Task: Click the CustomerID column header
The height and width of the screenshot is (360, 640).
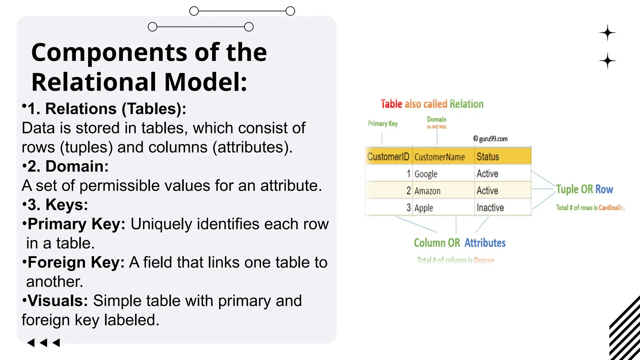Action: click(x=388, y=156)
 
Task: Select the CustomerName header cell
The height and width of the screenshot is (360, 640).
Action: click(x=439, y=157)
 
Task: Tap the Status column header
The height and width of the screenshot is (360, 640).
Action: click(x=487, y=157)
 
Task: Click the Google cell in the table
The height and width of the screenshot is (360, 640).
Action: click(x=426, y=174)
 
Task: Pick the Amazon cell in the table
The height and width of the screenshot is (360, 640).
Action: click(x=427, y=191)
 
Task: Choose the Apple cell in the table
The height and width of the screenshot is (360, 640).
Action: click(x=423, y=208)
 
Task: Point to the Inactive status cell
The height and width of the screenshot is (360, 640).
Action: click(x=490, y=207)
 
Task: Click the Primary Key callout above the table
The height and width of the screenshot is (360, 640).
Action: click(x=382, y=124)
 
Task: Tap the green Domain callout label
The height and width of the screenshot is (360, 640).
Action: click(x=437, y=119)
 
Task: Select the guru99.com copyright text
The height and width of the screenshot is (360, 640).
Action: click(x=490, y=139)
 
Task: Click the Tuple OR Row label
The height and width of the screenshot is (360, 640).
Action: click(x=584, y=189)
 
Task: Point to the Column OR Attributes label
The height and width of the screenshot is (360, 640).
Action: click(x=459, y=243)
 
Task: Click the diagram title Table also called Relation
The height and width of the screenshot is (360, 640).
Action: click(x=432, y=104)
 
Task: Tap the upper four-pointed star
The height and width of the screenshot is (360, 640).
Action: click(x=607, y=33)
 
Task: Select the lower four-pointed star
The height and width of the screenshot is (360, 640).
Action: click(x=607, y=61)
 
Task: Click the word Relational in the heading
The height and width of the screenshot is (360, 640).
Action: click(x=94, y=82)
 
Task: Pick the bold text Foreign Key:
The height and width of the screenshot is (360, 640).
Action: click(x=76, y=262)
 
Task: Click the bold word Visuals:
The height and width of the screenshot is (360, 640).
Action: click(x=57, y=301)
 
